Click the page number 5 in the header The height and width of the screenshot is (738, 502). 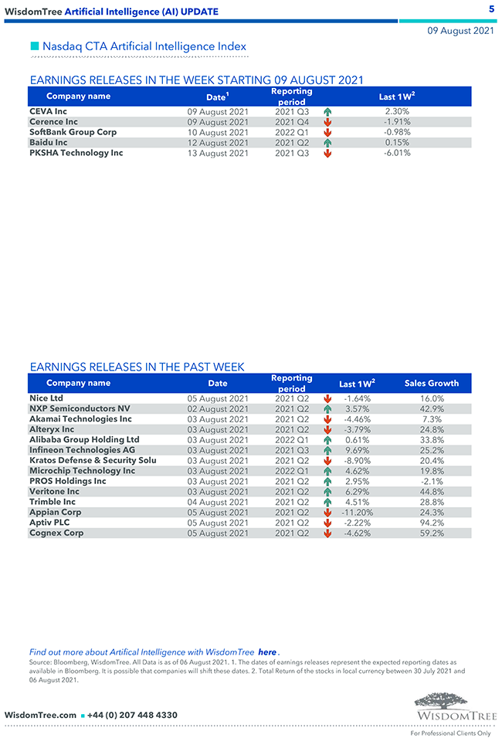tap(492, 9)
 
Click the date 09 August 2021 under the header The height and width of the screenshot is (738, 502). tap(461, 31)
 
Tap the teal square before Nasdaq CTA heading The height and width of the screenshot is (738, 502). tap(34, 46)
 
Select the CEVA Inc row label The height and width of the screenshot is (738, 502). tap(48, 111)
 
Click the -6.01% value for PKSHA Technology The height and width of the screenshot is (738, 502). tap(397, 153)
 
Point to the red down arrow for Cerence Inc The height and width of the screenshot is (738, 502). tap(327, 122)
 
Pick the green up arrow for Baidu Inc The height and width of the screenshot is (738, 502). tap(327, 143)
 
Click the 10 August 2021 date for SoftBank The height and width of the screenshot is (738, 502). tap(218, 132)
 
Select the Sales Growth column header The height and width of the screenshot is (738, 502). tap(431, 383)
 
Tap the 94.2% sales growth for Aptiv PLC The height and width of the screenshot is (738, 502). tap(431, 523)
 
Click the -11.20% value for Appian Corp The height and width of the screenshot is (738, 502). tap(357, 513)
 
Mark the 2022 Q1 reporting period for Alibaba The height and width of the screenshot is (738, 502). tap(292, 440)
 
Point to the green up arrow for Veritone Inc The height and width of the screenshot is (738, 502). tap(327, 492)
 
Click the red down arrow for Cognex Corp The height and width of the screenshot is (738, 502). tap(327, 533)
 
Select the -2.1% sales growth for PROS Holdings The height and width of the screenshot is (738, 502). tap(431, 481)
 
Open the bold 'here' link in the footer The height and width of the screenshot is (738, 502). tap(267, 652)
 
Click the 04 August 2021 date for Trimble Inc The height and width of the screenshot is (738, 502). tap(218, 502)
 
